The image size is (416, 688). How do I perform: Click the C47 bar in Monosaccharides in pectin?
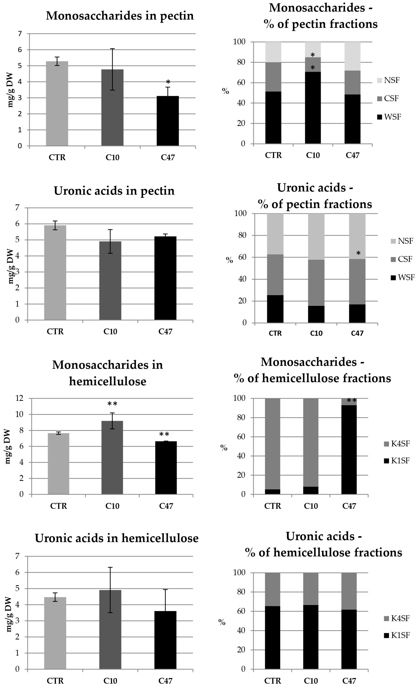point(168,121)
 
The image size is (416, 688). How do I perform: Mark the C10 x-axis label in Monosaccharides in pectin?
point(112,158)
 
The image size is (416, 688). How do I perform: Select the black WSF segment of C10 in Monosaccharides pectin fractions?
point(313,108)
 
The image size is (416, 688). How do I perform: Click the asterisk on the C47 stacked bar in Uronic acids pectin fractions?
point(358,253)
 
